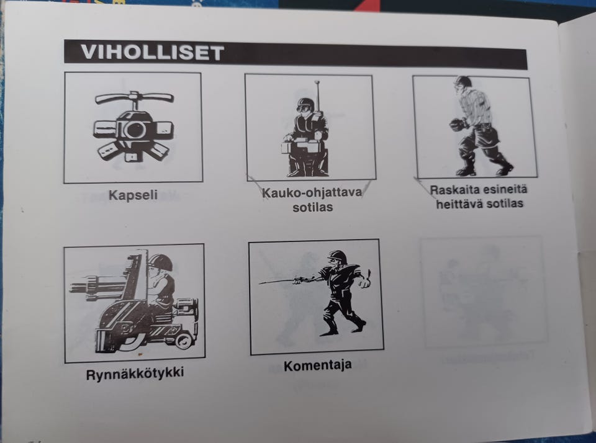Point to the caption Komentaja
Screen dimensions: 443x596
tap(317, 365)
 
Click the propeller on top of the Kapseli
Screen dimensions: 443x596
tap(134, 98)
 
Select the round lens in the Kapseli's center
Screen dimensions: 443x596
tap(133, 130)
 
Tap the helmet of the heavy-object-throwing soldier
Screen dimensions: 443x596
tap(462, 83)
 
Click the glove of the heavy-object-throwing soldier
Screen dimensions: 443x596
tap(458, 125)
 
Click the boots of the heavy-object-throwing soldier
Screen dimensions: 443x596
tap(484, 169)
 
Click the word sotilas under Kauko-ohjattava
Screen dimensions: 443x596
tap(312, 207)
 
